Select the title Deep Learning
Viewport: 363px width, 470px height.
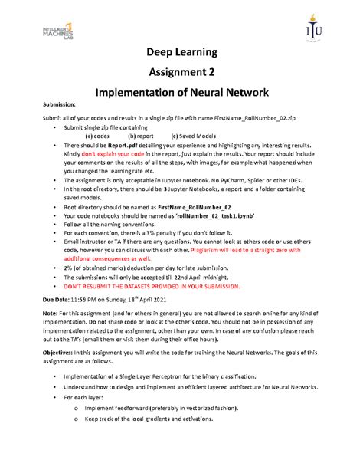tap(181, 53)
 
